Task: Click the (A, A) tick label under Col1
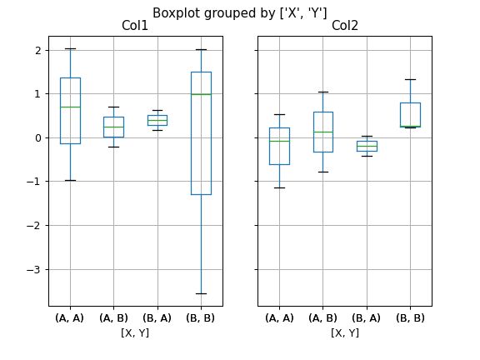(70, 317)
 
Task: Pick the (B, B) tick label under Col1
(201, 317)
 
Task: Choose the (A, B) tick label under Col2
(323, 317)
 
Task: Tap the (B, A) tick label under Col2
(367, 317)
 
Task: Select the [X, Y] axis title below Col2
(344, 332)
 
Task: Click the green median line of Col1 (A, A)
(70, 107)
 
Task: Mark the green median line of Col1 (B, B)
(201, 94)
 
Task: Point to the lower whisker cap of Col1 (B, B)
(201, 293)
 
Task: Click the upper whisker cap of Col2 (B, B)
(410, 79)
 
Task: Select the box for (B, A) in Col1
(157, 120)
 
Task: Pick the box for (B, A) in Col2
(367, 146)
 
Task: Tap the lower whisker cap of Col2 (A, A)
(279, 187)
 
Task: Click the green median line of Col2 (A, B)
(323, 132)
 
